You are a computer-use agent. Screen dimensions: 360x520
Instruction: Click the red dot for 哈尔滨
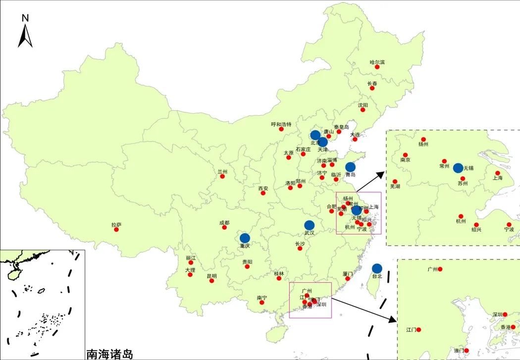point(377,67)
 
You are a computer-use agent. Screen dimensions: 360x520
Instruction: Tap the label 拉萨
point(116,224)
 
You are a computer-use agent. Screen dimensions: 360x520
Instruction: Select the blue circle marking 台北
point(377,268)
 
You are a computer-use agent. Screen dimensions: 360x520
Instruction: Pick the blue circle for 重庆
point(245,238)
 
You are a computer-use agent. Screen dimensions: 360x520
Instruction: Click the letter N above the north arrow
point(25,18)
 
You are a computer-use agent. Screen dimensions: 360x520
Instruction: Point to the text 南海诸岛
point(109,354)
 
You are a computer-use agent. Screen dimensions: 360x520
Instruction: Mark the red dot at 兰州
point(222,176)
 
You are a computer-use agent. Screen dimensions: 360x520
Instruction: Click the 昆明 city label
point(211,275)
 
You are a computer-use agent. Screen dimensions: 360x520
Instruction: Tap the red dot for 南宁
point(262,303)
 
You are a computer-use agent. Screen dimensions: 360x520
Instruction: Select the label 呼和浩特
point(281,124)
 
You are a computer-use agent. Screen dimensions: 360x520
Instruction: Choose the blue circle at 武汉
point(310,225)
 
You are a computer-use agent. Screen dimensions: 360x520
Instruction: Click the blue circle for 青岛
point(350,167)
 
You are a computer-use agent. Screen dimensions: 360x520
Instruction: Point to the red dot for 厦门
point(348,278)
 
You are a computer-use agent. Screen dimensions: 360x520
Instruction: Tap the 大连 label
point(355,134)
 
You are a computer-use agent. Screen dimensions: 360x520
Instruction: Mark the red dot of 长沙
point(300,248)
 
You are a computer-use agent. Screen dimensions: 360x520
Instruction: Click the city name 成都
point(224,222)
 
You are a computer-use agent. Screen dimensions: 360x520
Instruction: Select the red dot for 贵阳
point(247,266)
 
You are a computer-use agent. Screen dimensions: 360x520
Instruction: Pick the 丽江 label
point(191,258)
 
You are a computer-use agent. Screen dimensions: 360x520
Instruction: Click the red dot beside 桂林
point(282,278)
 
